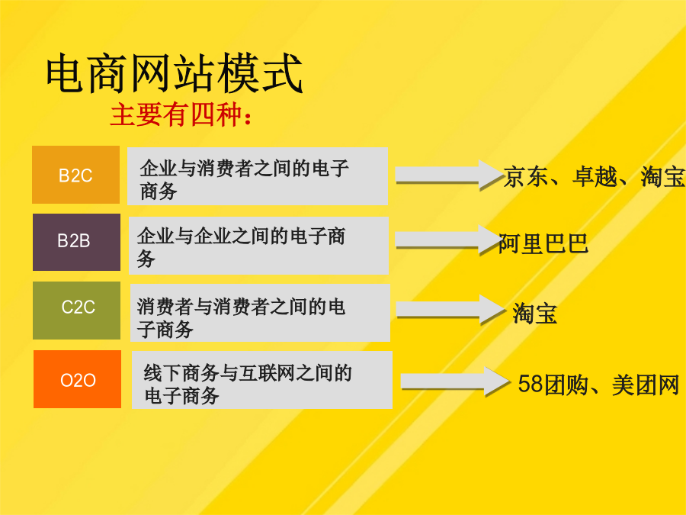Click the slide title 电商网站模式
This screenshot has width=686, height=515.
[174, 72]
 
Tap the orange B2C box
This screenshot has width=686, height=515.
[75, 175]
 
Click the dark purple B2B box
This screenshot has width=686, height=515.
[76, 242]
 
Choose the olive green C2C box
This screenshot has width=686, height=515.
[76, 310]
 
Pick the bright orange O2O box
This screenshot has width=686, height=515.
[78, 378]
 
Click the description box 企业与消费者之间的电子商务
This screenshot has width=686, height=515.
[258, 176]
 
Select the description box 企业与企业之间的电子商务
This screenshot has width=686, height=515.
[258, 245]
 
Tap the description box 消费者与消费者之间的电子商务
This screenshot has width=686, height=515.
[260, 313]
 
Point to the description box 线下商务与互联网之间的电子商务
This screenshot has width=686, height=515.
[262, 380]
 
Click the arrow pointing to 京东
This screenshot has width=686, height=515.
[449, 175]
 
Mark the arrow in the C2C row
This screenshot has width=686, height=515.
[450, 310]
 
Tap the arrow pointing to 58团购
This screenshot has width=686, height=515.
[456, 382]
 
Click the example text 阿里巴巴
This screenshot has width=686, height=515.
[543, 244]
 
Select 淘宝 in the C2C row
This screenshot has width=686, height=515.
[534, 314]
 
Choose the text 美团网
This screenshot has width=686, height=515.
[646, 385]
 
